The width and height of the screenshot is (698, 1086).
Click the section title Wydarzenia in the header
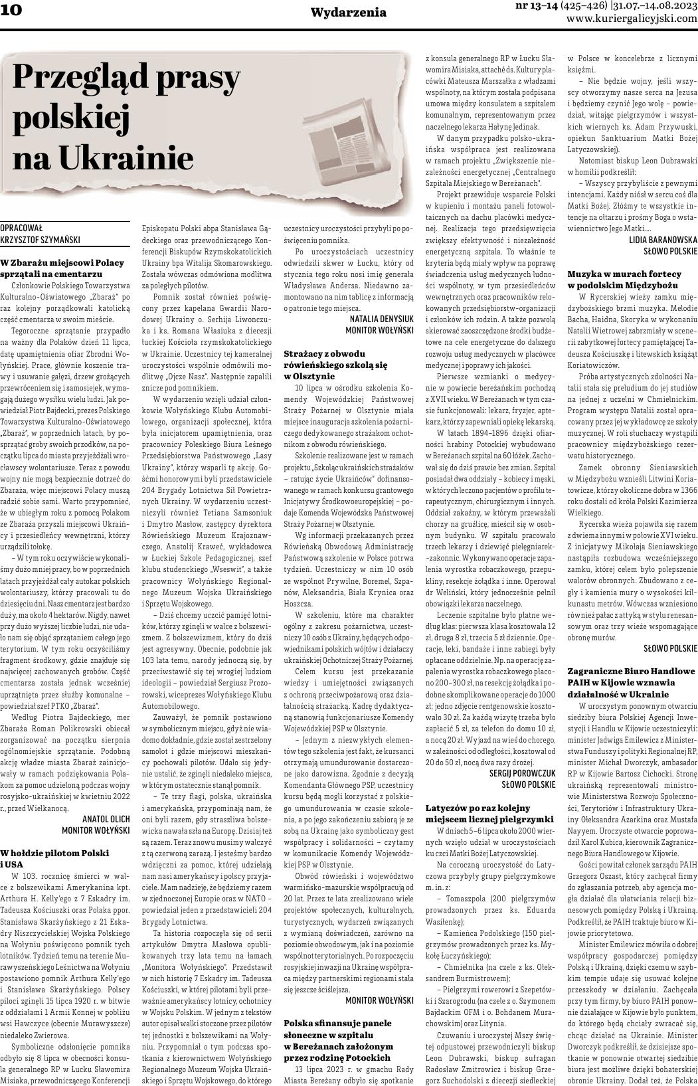(x=348, y=12)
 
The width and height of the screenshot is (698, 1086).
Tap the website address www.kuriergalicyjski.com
(x=632, y=19)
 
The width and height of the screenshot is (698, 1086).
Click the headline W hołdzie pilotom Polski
(x=55, y=852)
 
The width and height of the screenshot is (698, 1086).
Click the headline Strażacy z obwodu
(x=325, y=354)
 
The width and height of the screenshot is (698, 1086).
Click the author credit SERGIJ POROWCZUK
(x=522, y=774)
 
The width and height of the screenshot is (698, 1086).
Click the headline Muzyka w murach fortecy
(x=624, y=274)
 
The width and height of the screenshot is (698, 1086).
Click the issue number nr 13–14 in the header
(x=536, y=5)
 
